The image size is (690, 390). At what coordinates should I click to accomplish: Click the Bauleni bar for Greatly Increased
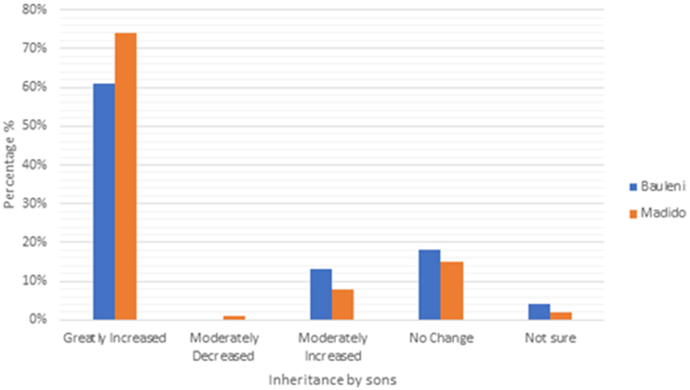(x=104, y=202)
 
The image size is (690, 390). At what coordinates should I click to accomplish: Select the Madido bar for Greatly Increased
(x=126, y=176)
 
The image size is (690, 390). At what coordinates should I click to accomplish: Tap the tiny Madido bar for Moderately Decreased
(x=234, y=318)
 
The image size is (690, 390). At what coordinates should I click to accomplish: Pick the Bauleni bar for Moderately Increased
(x=321, y=295)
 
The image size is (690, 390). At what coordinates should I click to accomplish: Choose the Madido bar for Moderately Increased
(x=343, y=304)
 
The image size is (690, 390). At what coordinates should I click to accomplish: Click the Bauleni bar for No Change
(x=430, y=285)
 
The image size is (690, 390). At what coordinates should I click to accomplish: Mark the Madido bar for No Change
(x=452, y=291)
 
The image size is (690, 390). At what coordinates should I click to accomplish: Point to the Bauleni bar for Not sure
(x=539, y=312)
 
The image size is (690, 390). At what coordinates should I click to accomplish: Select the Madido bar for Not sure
(x=560, y=316)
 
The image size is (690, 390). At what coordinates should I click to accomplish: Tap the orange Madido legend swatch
(x=633, y=213)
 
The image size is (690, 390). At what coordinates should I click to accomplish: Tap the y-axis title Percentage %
(x=9, y=165)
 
